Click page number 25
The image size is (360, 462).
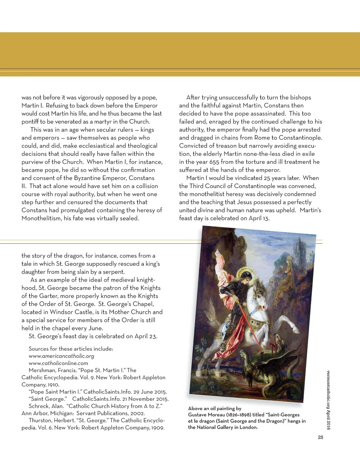tap(320, 437)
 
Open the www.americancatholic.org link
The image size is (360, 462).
tap(61, 356)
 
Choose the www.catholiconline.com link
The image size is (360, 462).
tap(58, 363)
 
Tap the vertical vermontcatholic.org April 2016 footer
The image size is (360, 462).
tap(328, 400)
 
